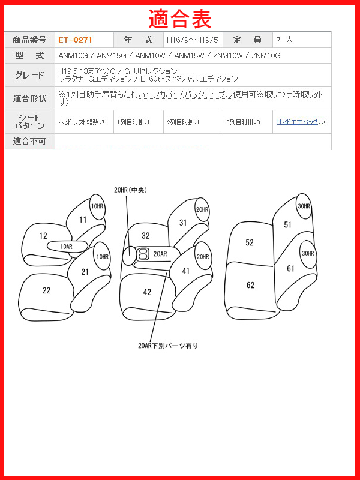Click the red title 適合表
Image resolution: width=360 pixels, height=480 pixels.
tap(179, 19)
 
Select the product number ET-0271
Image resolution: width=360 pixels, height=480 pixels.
tap(75, 40)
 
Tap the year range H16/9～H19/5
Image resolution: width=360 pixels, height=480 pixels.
tap(193, 40)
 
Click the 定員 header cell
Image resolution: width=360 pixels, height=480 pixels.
tap(247, 40)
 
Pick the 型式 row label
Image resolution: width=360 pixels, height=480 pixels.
tap(29, 55)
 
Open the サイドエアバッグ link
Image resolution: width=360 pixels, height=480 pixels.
tap(297, 122)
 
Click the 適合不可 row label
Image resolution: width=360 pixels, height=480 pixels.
tap(29, 141)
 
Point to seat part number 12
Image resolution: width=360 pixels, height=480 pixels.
tap(43, 236)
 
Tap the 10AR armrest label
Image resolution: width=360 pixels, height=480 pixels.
tap(67, 247)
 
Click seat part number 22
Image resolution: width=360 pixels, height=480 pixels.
tap(46, 290)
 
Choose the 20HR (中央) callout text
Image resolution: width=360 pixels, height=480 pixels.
tap(130, 190)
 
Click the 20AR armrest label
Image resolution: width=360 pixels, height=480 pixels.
tap(160, 254)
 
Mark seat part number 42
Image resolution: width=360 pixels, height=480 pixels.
tap(147, 292)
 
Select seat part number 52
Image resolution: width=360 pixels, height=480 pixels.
tap(250, 242)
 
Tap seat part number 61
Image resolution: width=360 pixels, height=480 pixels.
tap(290, 268)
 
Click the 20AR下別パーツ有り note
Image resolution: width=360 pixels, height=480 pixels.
tap(168, 346)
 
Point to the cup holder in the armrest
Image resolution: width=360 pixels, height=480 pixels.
tap(142, 253)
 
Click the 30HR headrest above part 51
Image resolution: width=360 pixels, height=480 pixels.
tap(304, 206)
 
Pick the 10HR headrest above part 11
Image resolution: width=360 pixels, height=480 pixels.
tap(97, 206)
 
